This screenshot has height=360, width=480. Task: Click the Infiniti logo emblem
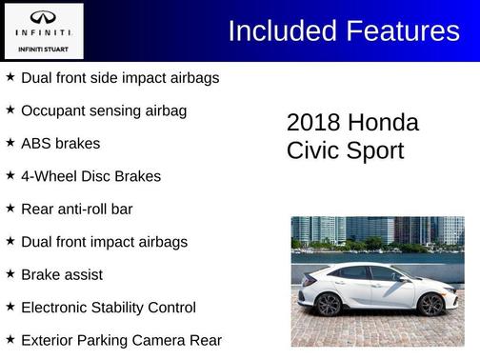tap(43, 19)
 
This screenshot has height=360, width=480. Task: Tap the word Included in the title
tap(278, 30)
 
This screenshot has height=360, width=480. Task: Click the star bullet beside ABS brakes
tap(10, 143)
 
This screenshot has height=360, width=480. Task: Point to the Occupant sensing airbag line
tap(103, 110)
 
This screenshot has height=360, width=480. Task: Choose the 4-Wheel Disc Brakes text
tap(90, 176)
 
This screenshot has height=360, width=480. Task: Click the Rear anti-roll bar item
tap(76, 209)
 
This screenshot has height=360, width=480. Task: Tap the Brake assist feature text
tap(61, 274)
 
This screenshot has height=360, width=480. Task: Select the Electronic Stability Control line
tap(108, 308)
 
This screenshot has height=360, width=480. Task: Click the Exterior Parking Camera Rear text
tap(121, 340)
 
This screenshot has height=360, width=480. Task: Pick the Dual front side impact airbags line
tap(120, 77)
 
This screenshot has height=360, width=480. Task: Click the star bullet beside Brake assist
tap(10, 274)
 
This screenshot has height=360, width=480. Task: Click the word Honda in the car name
tap(383, 123)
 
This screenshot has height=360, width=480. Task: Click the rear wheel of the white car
tap(328, 305)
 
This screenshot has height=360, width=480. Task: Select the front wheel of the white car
tap(430, 304)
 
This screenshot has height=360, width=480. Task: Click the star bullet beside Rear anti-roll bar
tap(10, 209)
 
